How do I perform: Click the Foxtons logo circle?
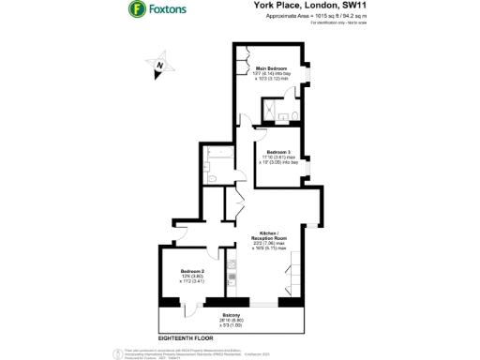(x=137, y=12)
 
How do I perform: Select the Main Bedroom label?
(x=271, y=68)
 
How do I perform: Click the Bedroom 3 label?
(x=278, y=152)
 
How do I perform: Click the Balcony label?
(x=232, y=314)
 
